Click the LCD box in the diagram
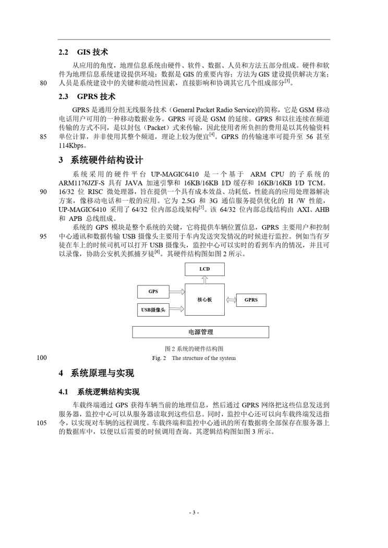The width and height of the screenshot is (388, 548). pyautogui.click(x=204, y=269)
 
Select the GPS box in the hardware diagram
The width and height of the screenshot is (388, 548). pyautogui.click(x=153, y=291)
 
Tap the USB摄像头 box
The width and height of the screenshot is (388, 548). pyautogui.click(x=153, y=309)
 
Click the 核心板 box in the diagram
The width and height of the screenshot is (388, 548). pyautogui.click(x=204, y=300)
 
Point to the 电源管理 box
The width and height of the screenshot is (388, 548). pyautogui.click(x=200, y=332)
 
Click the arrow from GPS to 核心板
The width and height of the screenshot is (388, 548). pyautogui.click(x=177, y=291)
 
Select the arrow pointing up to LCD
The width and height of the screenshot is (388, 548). pyautogui.click(x=204, y=280)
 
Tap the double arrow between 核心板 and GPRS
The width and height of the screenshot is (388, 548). pyautogui.click(x=231, y=300)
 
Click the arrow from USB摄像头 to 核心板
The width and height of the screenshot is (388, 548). pyautogui.click(x=177, y=309)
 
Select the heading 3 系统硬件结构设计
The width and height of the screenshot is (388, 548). pyautogui.click(x=101, y=160)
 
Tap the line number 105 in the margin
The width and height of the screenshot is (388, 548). pyautogui.click(x=43, y=423)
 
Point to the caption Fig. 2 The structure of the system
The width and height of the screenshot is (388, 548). pyautogui.click(x=194, y=358)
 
